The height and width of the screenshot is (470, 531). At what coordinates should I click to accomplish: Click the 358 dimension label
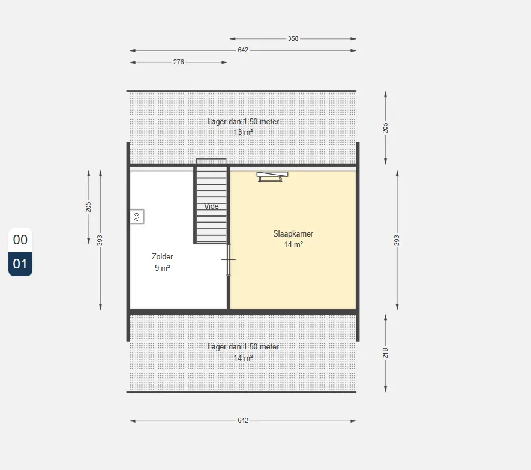tap(293, 38)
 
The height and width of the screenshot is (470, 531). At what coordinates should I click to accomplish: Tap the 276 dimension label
tap(178, 62)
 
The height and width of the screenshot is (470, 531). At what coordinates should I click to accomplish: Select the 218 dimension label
tap(385, 353)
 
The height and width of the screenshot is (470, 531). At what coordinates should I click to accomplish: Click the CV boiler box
tap(137, 217)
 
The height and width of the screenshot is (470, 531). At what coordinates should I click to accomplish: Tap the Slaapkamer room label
tap(293, 234)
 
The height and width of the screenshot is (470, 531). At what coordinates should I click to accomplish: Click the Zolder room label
tap(162, 256)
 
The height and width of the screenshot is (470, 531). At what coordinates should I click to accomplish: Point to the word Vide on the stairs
tap(211, 206)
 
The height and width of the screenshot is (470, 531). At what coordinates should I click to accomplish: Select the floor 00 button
tap(20, 240)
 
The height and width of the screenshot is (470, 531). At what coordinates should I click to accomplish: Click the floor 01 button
tap(20, 264)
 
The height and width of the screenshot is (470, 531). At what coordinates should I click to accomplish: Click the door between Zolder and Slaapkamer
tap(229, 259)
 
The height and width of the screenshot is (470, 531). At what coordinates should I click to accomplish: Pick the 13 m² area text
tap(243, 132)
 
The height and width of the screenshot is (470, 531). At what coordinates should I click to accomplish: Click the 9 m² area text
tap(162, 268)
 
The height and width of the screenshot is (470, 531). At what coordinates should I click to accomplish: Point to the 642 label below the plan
tap(243, 421)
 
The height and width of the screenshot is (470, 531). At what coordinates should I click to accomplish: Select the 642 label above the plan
tap(243, 50)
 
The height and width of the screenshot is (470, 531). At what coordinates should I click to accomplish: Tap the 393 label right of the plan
tap(397, 240)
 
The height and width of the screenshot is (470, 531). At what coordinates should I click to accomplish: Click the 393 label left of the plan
tap(100, 240)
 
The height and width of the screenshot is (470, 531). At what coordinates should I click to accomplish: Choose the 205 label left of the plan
tap(88, 207)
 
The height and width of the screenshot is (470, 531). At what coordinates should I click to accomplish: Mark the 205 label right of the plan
tap(385, 128)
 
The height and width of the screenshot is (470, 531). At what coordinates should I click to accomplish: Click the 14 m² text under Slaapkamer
tap(293, 245)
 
